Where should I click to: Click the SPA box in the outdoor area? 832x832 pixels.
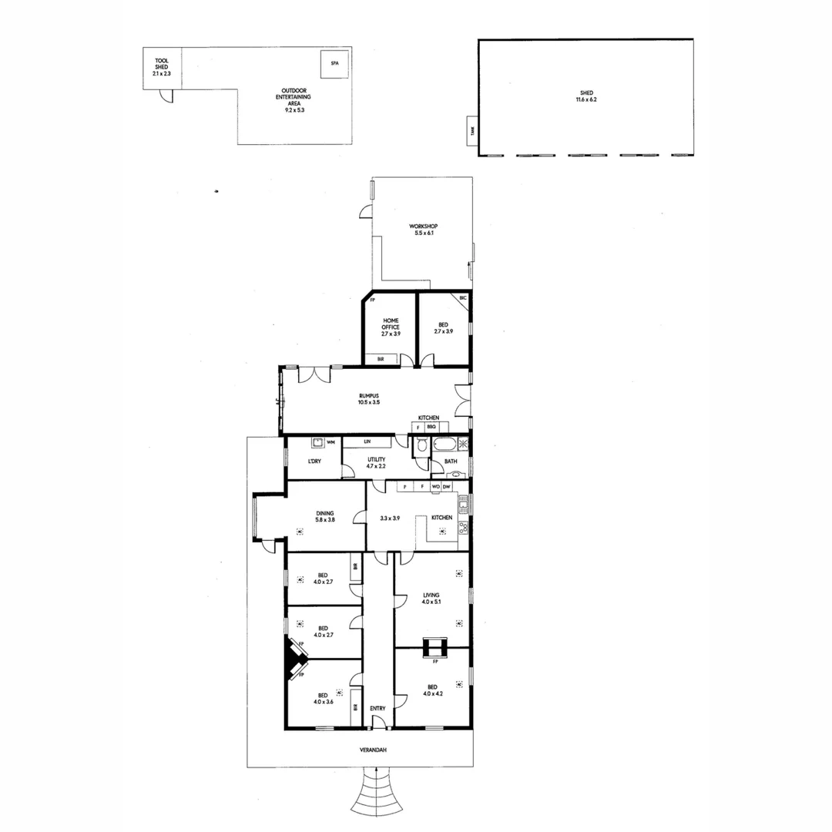pos(334,64)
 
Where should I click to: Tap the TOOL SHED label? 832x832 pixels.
pos(162,65)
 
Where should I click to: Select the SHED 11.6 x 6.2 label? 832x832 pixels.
pos(586,96)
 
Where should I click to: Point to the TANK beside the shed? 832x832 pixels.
pos(472,132)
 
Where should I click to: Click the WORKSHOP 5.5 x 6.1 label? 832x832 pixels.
pos(424,230)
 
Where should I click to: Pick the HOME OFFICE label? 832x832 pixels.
pos(391,327)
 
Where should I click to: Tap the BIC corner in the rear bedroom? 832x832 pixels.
pos(463,298)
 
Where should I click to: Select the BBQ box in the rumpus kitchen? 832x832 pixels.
pos(431,427)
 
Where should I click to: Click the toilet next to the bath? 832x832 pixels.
pos(421,446)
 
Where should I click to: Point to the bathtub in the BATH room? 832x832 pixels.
pos(445,445)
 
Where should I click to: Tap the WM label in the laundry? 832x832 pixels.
pos(330,442)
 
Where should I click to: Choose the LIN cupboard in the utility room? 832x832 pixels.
pos(368,441)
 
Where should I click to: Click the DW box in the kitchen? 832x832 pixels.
pos(446,487)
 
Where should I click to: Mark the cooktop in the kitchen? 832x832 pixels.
pos(464,528)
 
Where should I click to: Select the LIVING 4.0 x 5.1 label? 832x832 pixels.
pos(431,598)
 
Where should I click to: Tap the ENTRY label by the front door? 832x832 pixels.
pos(377,709)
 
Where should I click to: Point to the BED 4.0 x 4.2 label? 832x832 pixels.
pos(431,690)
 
